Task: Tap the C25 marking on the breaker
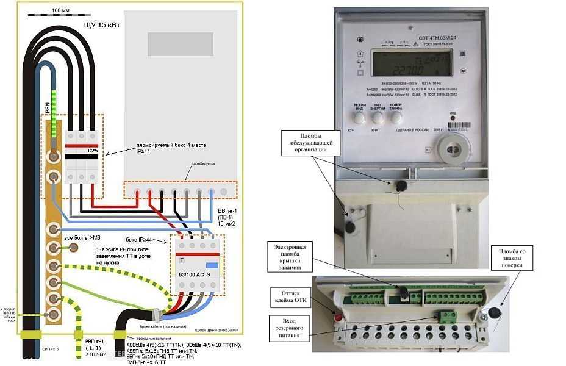click(x=93, y=151)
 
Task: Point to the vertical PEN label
click(x=48, y=109)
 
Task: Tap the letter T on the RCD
click(x=181, y=260)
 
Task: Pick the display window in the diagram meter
click(x=180, y=44)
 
